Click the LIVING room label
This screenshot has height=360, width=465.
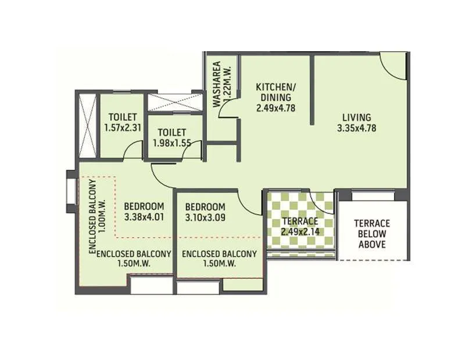[356, 117]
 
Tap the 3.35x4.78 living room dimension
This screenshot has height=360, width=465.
[356, 129]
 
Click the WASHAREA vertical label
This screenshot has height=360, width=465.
[217, 84]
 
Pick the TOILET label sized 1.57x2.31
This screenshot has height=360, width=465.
[121, 117]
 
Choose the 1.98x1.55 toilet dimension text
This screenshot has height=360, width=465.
[172, 142]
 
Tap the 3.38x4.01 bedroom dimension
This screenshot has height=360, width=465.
[144, 218]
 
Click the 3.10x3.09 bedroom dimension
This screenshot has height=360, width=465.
[205, 218]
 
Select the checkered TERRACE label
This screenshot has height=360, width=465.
[300, 221]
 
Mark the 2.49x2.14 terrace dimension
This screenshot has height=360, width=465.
[300, 232]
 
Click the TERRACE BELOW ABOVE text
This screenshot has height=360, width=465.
[372, 234]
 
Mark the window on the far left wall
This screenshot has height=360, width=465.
[71, 191]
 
